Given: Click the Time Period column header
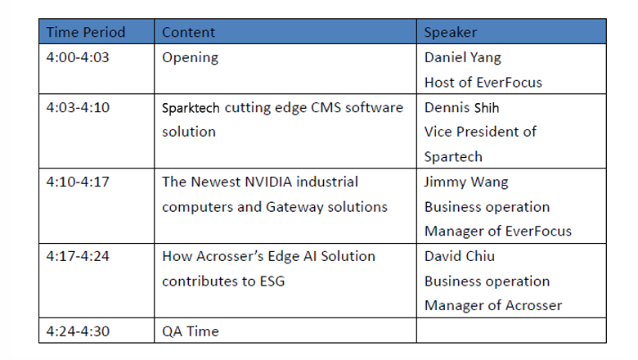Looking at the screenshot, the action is coord(85,32).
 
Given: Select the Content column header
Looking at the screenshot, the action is coord(188,32).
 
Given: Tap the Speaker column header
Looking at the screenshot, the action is coord(450,32).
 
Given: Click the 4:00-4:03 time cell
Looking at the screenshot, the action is coord(78,57).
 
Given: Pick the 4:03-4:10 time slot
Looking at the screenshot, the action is coord(78,107).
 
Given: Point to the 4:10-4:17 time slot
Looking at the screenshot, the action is coord(78,182).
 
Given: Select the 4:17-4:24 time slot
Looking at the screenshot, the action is coord(78,256).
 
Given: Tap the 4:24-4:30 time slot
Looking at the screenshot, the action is coord(78,331).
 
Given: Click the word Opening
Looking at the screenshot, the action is coord(190,58).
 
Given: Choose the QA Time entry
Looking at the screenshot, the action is coord(190,331).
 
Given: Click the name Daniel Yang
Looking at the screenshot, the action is coord(462,58).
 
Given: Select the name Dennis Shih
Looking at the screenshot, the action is coord(461,107).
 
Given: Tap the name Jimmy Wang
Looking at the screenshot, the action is coord(466,182).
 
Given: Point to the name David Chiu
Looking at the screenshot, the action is coord(460,256).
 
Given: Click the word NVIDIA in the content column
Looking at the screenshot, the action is coord(268,182).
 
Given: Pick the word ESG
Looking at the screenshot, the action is coord(272,281).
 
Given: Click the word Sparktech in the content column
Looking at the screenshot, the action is coord(191,108).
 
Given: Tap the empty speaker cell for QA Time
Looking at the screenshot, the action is coord(511,331).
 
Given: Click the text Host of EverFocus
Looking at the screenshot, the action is coord(483,83).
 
